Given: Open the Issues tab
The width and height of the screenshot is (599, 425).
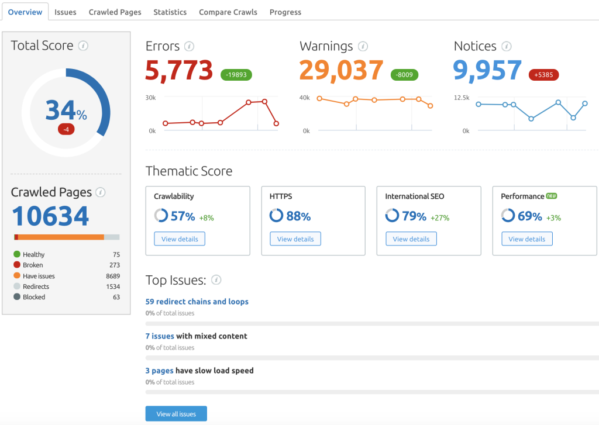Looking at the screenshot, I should coord(65,12).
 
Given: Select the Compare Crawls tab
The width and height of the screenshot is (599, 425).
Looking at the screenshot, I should coord(228,12).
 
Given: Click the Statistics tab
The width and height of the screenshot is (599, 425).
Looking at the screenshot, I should coord(170,12).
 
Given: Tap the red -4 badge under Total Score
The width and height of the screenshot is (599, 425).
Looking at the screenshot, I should coord(66,129).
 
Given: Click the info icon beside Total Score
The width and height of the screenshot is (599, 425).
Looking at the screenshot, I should coord(83,46).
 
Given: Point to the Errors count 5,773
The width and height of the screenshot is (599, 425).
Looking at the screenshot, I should coord(179,71).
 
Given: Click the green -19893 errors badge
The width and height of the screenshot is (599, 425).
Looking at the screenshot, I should coord(237,75).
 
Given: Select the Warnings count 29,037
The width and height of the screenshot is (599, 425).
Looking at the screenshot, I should coord(341,71).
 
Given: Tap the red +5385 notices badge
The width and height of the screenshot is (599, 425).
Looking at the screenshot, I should coord(543,75).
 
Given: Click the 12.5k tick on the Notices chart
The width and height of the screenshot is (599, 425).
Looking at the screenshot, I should coord(462,98).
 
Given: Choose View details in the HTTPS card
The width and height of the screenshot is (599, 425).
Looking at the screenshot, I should coord(295,239).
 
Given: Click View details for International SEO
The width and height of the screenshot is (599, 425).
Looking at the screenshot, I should coord(411,239).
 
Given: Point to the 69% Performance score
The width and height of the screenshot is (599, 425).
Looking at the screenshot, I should coord(529,216).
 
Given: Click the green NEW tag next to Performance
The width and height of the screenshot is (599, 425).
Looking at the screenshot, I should coord(551,196).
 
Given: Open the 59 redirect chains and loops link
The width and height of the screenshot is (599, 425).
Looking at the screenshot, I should coord(197,302).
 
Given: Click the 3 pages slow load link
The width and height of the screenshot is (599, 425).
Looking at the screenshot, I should coord(159,371).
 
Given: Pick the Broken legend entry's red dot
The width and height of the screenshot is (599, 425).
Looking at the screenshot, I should coord(17,265).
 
